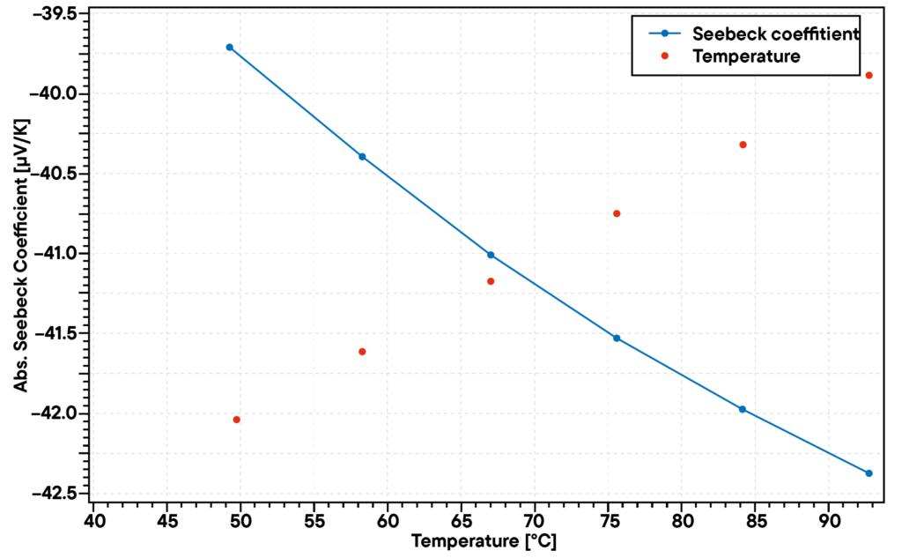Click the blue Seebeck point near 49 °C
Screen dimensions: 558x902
pyautogui.click(x=229, y=47)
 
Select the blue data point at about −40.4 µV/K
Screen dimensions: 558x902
pyautogui.click(x=362, y=156)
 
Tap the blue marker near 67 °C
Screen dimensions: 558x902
pyautogui.click(x=491, y=255)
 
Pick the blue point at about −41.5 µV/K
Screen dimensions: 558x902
pyautogui.click(x=617, y=338)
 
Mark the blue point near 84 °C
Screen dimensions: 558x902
pyautogui.click(x=743, y=409)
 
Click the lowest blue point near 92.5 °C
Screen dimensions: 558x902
pyautogui.click(x=869, y=473)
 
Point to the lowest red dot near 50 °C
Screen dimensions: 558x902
pyautogui.click(x=237, y=420)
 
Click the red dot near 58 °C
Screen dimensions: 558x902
pyautogui.click(x=362, y=352)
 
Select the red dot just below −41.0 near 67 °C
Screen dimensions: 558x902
pyautogui.click(x=491, y=281)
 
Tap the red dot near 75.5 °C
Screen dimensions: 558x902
pyautogui.click(x=617, y=213)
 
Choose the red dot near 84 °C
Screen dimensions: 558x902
pyautogui.click(x=743, y=145)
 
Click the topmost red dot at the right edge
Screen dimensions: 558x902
pyautogui.click(x=869, y=75)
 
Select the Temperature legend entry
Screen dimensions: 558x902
pyautogui.click(x=747, y=56)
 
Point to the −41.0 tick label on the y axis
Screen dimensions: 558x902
pyautogui.click(x=57, y=254)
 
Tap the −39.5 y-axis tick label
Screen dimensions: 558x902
pyautogui.click(x=57, y=14)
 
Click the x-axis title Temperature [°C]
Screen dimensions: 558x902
pyautogui.click(x=484, y=541)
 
